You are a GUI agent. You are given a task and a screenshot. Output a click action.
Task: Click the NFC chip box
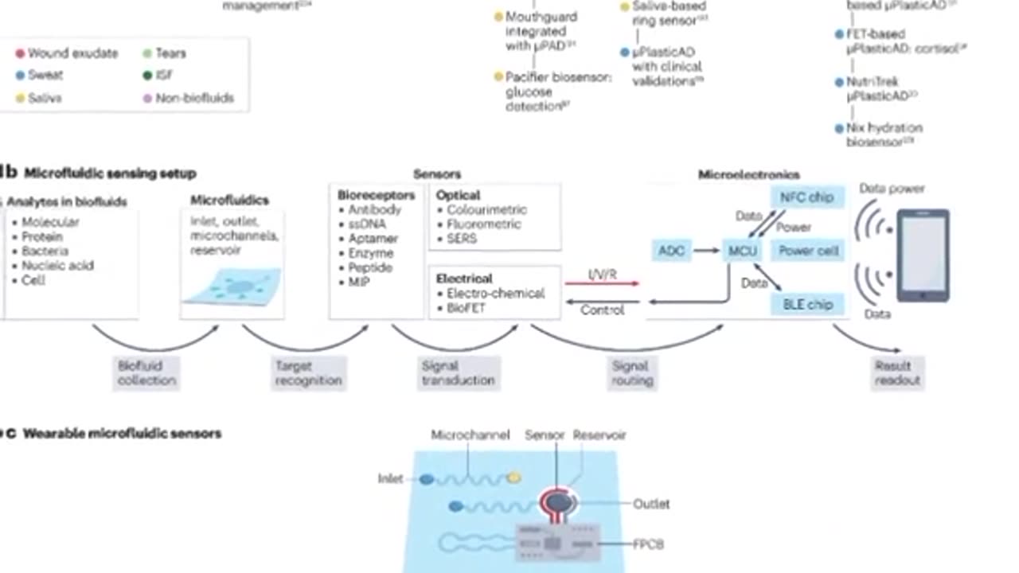[x=806, y=197]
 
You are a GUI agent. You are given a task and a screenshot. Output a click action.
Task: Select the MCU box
[x=742, y=251]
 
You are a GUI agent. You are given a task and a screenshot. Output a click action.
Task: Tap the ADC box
[x=671, y=251]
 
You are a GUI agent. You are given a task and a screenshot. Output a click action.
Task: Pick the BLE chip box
[x=806, y=304]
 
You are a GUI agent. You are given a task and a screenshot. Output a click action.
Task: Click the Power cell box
[x=808, y=251]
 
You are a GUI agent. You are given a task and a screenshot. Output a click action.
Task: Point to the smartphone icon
[x=923, y=255]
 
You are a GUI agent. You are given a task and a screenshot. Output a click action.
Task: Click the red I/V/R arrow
[x=603, y=283]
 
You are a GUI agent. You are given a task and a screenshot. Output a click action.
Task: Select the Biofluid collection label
[x=146, y=373]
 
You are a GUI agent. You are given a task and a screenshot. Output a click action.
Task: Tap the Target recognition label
[x=308, y=373]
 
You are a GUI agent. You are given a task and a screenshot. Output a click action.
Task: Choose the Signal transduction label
[x=458, y=373]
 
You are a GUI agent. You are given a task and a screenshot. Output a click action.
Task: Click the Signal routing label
[x=632, y=373]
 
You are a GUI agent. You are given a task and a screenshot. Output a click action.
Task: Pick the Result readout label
[x=897, y=373]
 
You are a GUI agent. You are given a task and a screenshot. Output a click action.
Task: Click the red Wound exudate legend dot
[x=20, y=53]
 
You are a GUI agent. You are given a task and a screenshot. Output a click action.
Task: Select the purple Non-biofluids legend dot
[x=146, y=98]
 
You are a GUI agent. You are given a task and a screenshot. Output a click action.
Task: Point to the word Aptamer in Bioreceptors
[x=373, y=239]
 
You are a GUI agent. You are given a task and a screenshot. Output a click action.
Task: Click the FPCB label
[x=648, y=544]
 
